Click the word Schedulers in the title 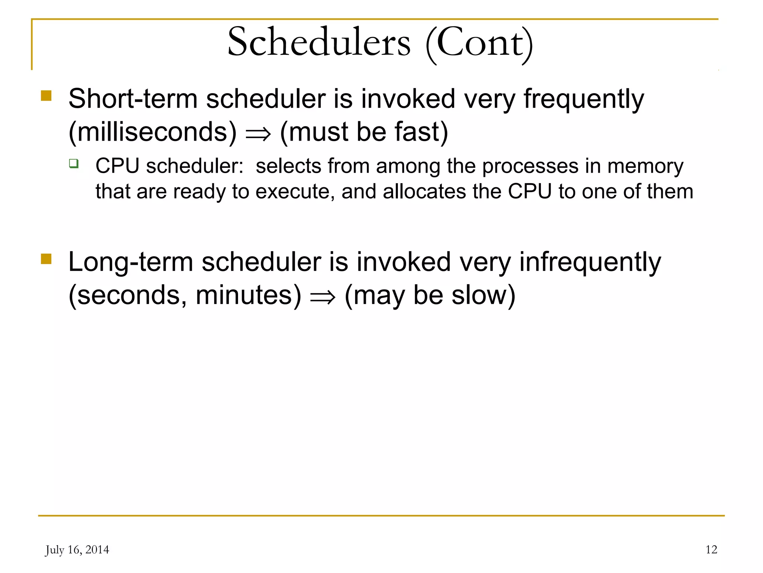pos(319,42)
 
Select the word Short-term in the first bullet pos(133,99)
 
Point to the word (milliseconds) pos(153,132)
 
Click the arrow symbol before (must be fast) pos(258,134)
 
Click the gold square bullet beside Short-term pos(46,96)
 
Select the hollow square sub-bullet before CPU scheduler pos(74,163)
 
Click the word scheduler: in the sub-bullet pos(194,166)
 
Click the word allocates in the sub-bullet pos(424,191)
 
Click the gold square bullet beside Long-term pos(46,259)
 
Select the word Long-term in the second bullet pos(130,262)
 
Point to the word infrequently pos(590,263)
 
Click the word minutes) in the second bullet pos(248,295)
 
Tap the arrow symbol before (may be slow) pos(323,297)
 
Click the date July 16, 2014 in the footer pos(77,550)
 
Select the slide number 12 pos(711,549)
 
